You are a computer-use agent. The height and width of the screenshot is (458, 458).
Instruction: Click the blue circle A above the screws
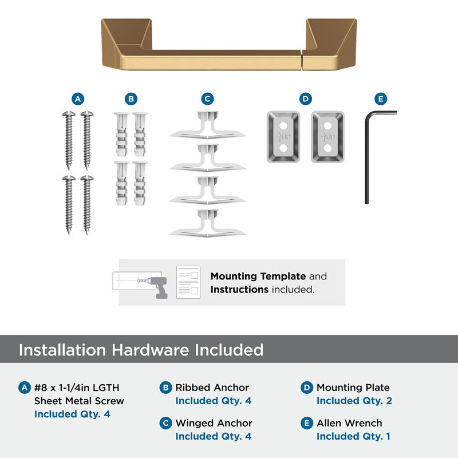click(78, 99)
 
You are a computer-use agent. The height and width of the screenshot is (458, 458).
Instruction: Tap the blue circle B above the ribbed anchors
click(131, 99)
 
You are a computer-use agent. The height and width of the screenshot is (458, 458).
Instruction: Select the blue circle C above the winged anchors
click(207, 99)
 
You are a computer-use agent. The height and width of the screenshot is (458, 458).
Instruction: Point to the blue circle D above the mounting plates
click(306, 99)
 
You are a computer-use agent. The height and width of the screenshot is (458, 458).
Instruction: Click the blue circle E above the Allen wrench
click(381, 99)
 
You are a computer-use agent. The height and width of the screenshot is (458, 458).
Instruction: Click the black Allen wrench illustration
click(367, 158)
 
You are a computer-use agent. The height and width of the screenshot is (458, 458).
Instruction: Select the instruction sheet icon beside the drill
click(188, 282)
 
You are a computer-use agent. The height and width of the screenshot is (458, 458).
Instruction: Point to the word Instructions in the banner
click(239, 290)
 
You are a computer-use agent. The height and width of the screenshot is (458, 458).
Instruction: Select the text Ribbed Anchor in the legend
click(212, 388)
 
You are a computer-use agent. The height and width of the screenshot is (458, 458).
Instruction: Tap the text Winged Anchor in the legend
click(214, 423)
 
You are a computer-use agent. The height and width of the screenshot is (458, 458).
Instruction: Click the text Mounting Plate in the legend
click(353, 388)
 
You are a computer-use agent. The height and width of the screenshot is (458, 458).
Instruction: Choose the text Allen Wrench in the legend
click(349, 423)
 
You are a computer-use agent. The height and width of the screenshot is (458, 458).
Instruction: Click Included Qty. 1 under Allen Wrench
click(353, 436)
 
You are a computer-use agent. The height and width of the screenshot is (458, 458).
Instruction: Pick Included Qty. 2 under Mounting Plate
click(354, 401)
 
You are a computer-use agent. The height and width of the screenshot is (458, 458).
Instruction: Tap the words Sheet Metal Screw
click(79, 401)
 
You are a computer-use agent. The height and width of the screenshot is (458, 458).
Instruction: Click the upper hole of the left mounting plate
click(283, 126)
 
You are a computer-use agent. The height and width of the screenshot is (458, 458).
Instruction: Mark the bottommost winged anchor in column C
click(207, 223)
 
